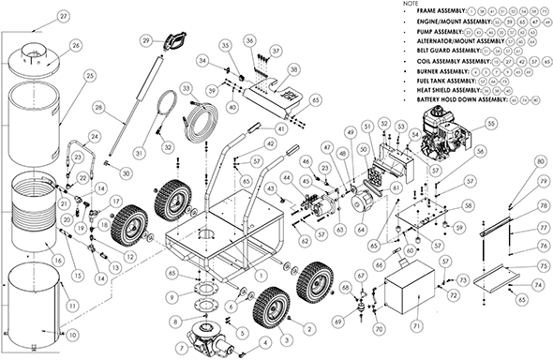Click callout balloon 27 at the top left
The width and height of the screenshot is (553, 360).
point(37,17)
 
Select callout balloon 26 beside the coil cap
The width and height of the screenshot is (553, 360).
point(76,45)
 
